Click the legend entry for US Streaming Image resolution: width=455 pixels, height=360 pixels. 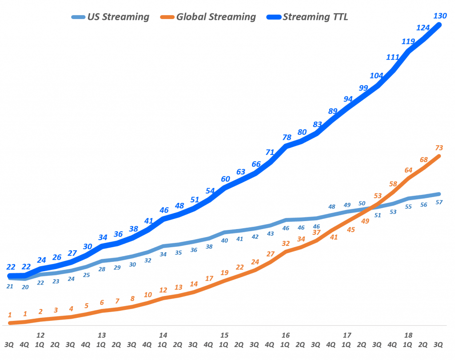(x=110, y=17)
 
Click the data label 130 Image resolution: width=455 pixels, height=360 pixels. (x=440, y=16)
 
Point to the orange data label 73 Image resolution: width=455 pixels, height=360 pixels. (x=439, y=148)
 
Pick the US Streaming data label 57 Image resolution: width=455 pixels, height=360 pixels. (x=439, y=202)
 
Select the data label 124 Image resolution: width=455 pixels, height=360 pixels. (x=423, y=28)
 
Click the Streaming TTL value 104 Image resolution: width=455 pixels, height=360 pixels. (x=376, y=75)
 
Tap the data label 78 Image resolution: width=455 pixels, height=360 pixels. (x=286, y=138)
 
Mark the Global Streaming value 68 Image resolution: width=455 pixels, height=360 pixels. (x=423, y=159)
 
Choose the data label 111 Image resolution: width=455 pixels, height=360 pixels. (x=392, y=57)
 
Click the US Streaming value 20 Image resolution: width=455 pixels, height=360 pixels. (x=25, y=287)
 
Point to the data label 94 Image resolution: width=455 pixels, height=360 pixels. (x=348, y=99)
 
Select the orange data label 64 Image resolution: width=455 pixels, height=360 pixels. (x=408, y=170)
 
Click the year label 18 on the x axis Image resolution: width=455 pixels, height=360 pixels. (x=408, y=335)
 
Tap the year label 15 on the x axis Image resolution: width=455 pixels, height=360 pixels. (x=224, y=335)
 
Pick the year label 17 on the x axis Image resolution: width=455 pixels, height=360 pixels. (x=347, y=335)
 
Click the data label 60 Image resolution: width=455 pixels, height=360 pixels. (x=225, y=179)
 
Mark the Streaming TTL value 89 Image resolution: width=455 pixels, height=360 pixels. (x=332, y=111)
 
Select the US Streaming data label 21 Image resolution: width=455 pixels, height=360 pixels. (x=10, y=286)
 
